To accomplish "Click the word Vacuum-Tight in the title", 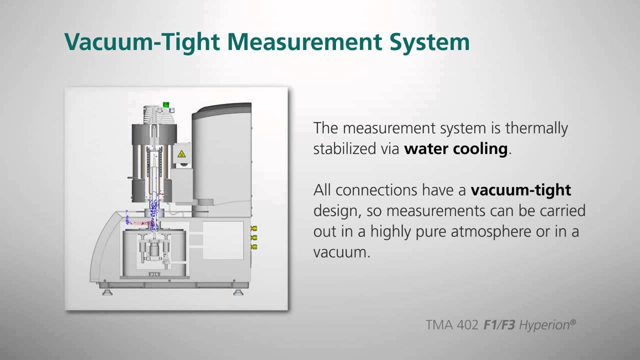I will pyautogui.click(x=142, y=41).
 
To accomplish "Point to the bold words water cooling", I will pyautogui.click(x=456, y=149).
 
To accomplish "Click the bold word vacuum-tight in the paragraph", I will pyautogui.click(x=520, y=190).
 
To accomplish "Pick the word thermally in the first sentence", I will pyautogui.click(x=536, y=128).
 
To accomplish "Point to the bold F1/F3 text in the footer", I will pyautogui.click(x=499, y=325).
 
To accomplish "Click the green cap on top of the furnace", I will pyautogui.click(x=165, y=104).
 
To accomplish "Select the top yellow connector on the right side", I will pyautogui.click(x=253, y=229).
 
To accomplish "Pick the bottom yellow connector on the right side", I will pyautogui.click(x=253, y=246).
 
